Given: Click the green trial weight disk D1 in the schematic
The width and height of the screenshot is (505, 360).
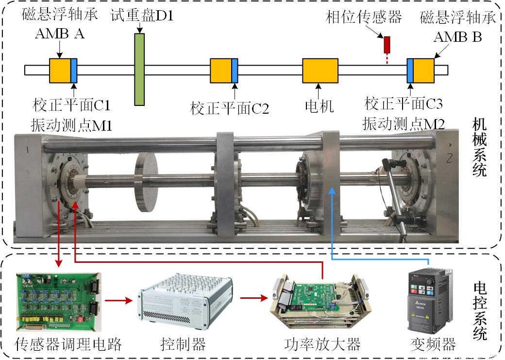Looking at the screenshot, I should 139,69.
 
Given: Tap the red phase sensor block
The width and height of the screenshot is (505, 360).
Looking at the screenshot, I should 387,44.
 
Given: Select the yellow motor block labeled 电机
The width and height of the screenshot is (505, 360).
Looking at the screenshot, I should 320,70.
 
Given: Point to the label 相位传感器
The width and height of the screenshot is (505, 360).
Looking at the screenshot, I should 364,17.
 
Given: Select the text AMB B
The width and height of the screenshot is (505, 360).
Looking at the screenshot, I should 458,36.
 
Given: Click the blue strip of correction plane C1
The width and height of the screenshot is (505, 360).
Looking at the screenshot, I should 74,70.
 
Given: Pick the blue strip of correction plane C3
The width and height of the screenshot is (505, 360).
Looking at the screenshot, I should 410,70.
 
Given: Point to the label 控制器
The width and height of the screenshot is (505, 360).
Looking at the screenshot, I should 183,344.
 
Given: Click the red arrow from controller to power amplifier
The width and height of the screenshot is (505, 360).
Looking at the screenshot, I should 253,297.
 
